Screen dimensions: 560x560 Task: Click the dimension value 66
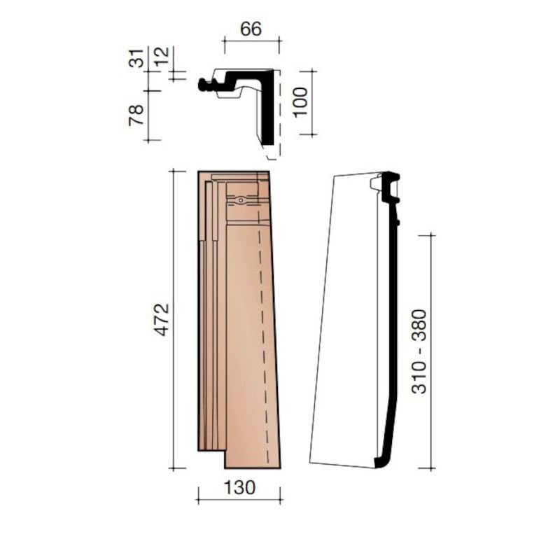point(251,29)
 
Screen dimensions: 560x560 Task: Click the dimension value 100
point(300,102)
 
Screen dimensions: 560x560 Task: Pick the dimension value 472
point(161,320)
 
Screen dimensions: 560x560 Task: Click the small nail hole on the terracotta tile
point(240,200)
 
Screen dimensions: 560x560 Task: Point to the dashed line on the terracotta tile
point(266,336)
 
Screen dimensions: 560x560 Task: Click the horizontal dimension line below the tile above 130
point(239,500)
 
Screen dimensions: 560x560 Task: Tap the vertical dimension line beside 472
point(173,320)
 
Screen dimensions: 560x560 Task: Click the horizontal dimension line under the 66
point(251,42)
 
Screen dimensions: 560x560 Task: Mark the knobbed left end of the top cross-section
point(204,85)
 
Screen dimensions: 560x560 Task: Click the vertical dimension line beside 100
point(311,102)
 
